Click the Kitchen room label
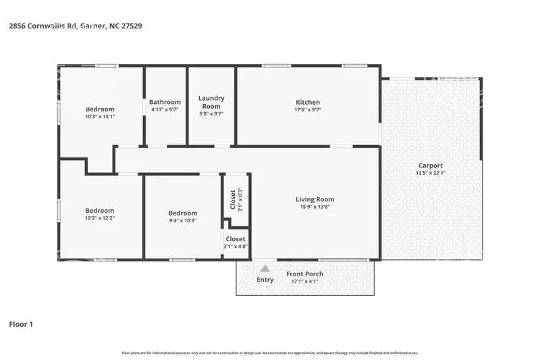pos(307,103)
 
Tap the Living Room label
pos(315,199)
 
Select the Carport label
pos(430,165)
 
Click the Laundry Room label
pos(211,102)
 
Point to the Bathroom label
pos(165,102)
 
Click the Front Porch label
pos(304,274)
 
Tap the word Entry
pos(265,280)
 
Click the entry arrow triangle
pos(265,269)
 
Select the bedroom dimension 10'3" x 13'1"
pos(100,116)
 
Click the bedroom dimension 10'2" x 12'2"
pos(99,217)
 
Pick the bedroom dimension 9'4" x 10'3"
pos(182,220)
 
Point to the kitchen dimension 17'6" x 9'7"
pos(307,110)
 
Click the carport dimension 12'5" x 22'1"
pos(430,173)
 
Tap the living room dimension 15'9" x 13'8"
pos(315,207)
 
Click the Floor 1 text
pos(20,324)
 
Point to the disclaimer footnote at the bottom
pos(269,353)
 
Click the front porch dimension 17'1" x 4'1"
pos(304,281)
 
